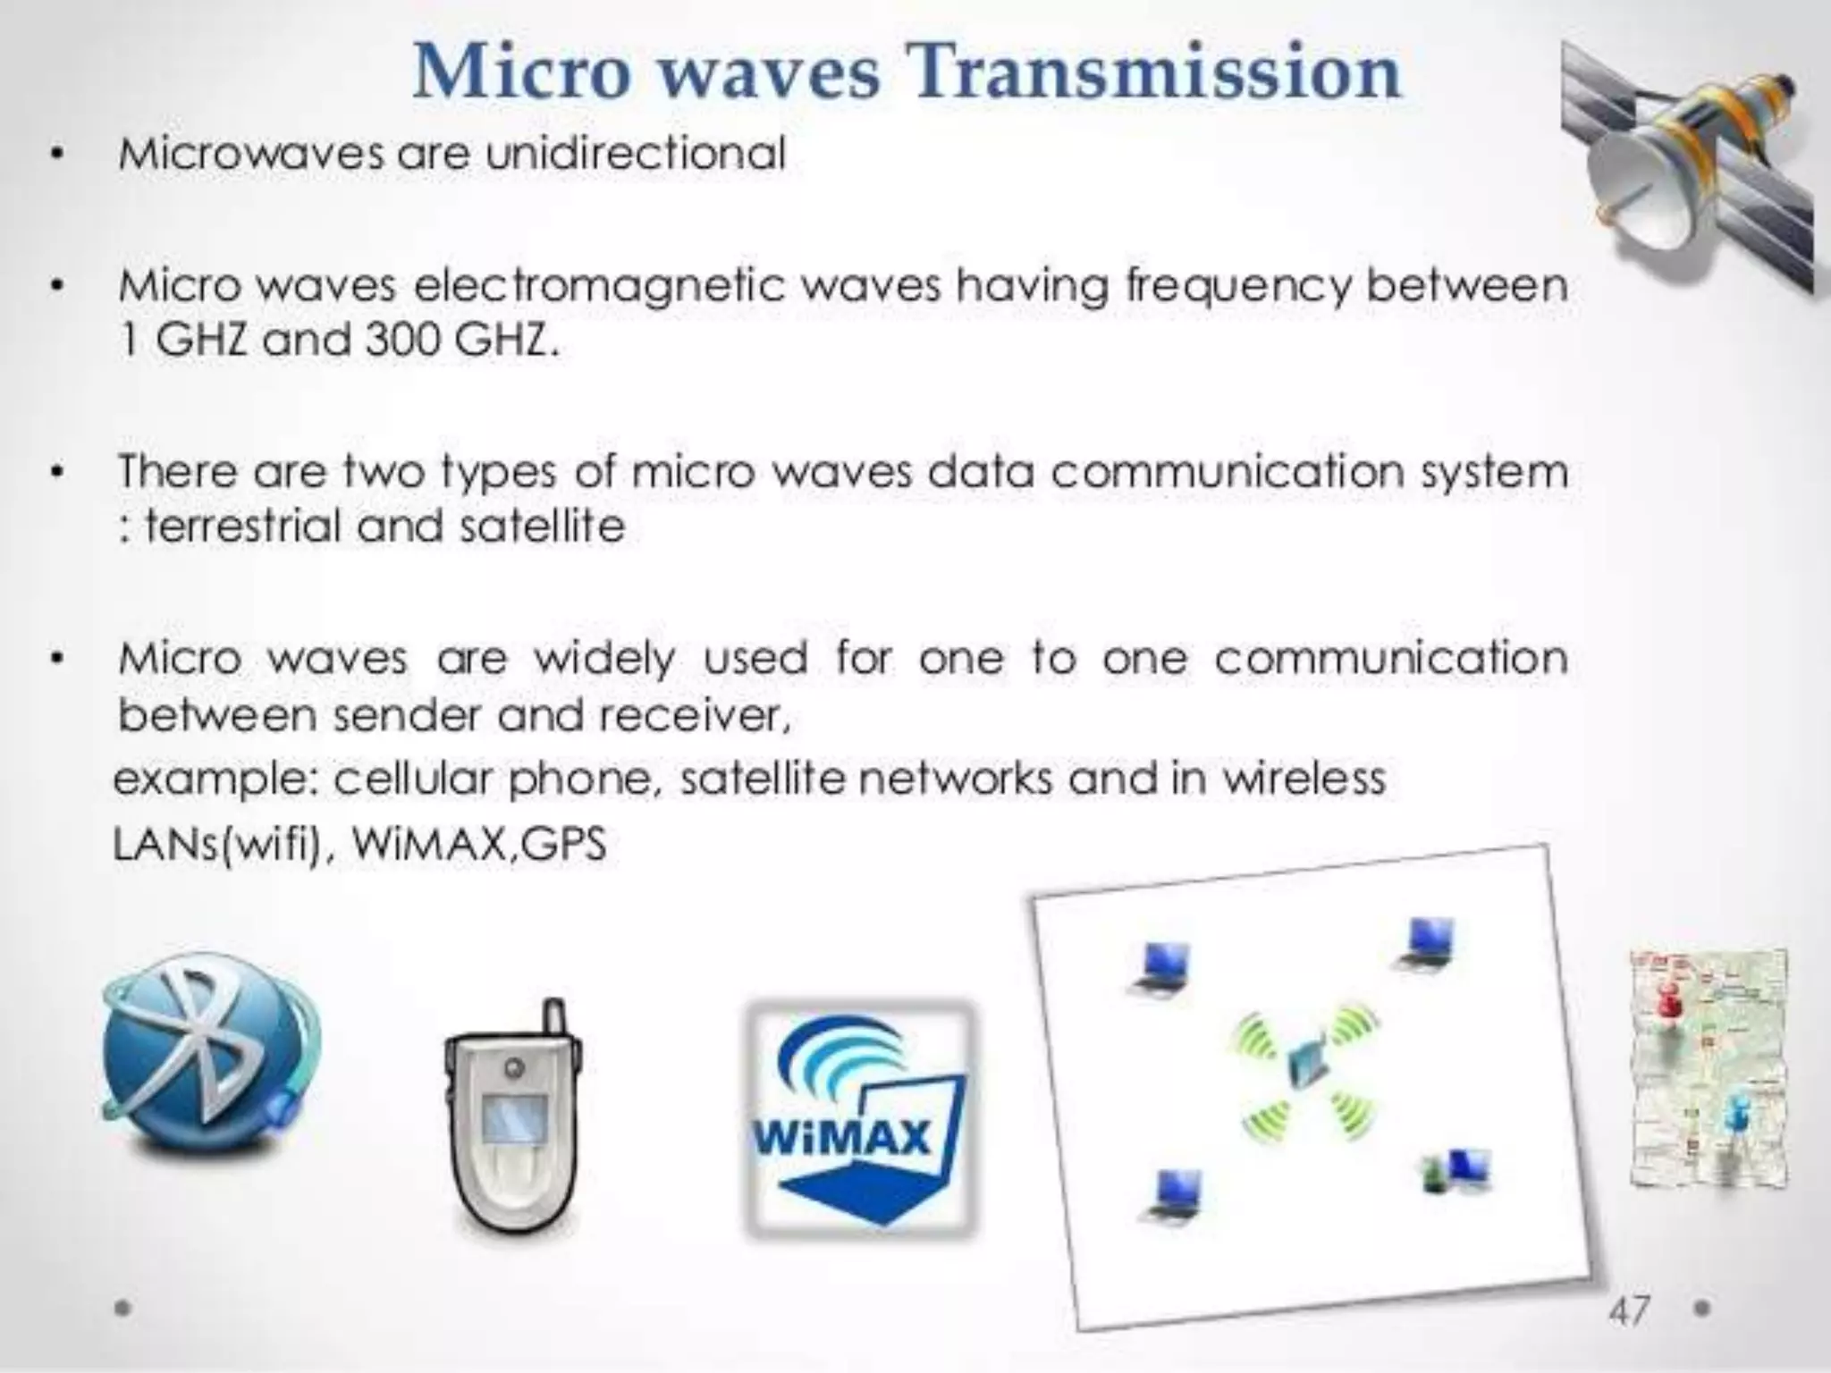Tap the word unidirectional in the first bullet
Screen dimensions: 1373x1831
[x=636, y=154]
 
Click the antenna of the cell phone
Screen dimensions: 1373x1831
[x=554, y=1019]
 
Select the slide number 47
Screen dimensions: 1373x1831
[x=1628, y=1310]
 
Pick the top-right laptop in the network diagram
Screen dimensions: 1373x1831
[x=1429, y=944]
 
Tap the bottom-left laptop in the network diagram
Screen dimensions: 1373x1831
[x=1175, y=1193]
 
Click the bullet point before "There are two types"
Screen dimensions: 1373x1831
[x=57, y=472]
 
